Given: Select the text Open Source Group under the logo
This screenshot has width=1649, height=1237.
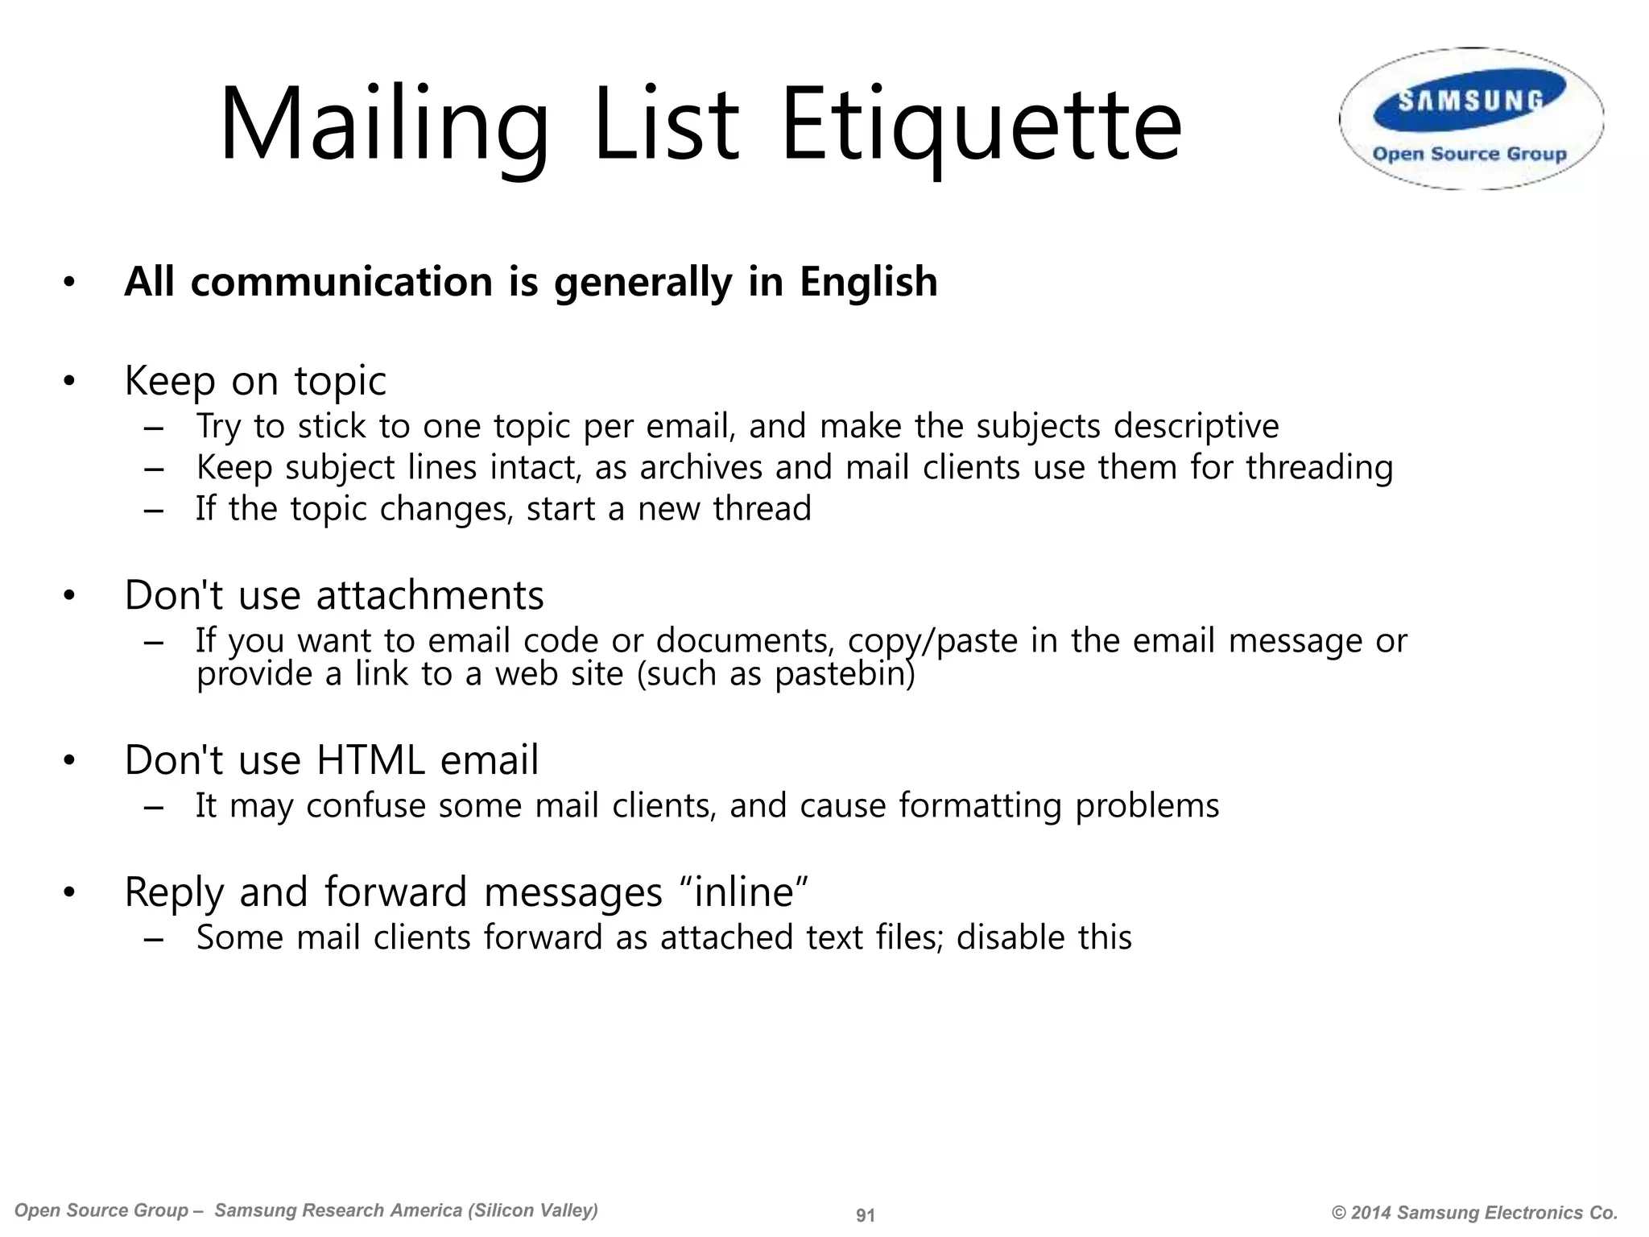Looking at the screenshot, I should (x=1469, y=154).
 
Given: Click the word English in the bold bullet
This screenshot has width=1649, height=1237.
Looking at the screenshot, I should (x=868, y=282).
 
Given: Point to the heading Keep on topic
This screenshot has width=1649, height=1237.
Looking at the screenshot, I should (x=255, y=381).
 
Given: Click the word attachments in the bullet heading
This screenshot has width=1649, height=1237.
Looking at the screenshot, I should (x=430, y=596).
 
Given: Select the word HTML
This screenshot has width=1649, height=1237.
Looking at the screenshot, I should (x=371, y=760).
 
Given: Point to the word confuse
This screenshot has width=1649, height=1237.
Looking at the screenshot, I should (x=366, y=806).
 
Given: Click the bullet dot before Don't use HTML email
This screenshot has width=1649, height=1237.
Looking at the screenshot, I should (x=69, y=761).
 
